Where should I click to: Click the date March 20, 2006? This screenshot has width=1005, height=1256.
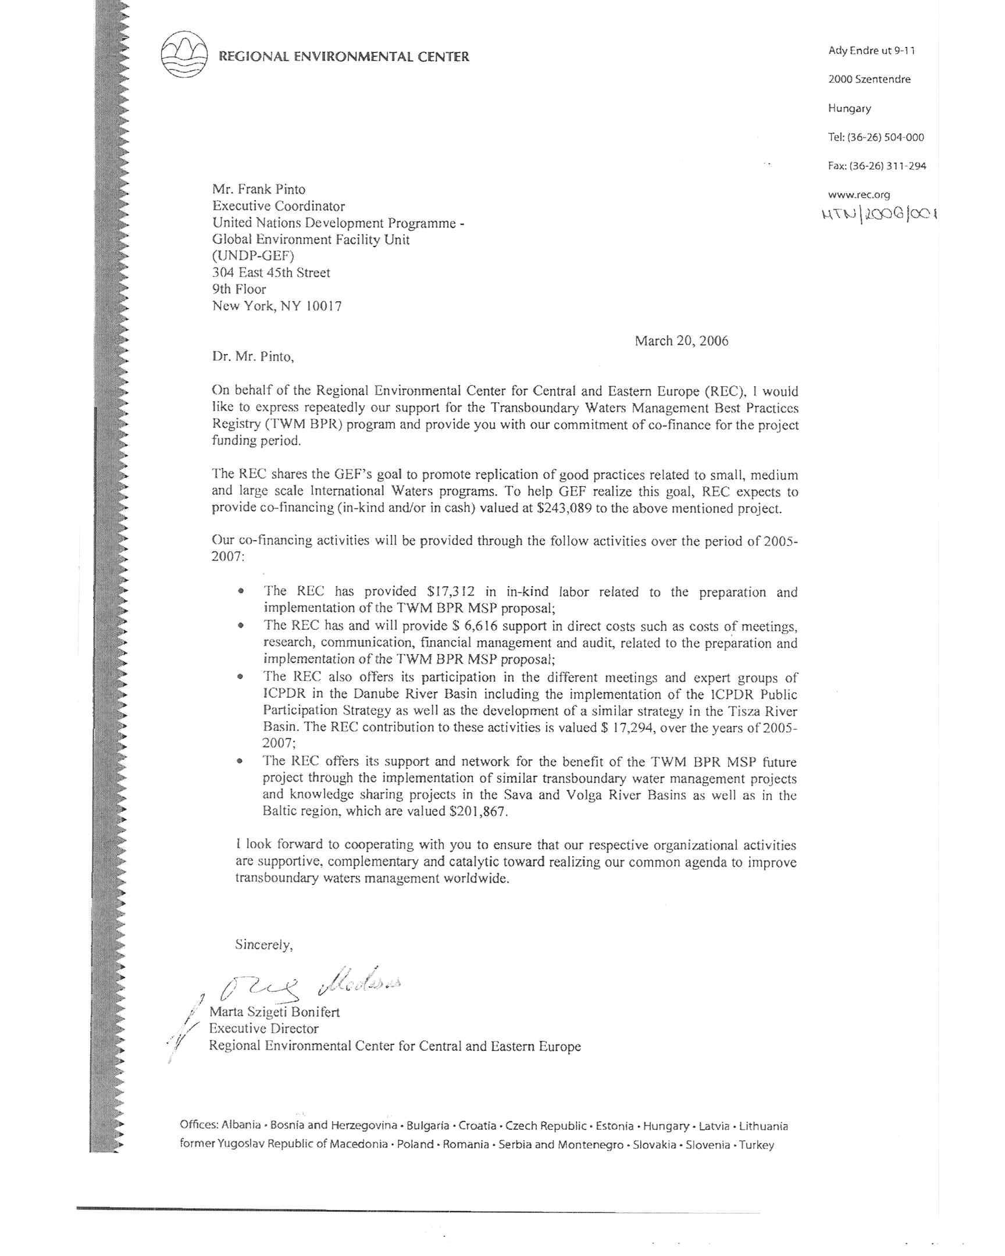pos(681,341)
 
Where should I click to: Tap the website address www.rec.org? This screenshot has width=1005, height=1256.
pos(859,195)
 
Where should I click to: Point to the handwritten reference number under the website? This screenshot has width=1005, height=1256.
pos(879,215)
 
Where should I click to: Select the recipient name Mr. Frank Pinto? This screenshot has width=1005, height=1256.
pos(259,190)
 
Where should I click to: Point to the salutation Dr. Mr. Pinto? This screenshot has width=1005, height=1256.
pos(253,357)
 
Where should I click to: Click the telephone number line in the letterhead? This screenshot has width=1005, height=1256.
pos(876,137)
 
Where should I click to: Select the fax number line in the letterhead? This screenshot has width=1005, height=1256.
pos(877,166)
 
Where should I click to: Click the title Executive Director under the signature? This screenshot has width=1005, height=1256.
pos(264,1028)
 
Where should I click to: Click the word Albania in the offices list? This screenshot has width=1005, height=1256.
pos(241,1126)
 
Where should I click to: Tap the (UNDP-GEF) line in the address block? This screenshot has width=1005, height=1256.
pos(253,256)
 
